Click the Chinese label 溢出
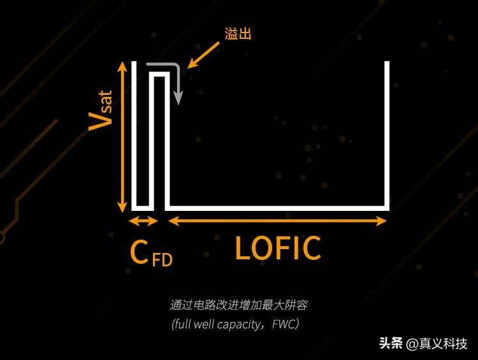pos(238,34)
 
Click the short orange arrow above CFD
pos(143,221)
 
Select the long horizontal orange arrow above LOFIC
pos(277,221)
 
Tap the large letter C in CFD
pos(139,252)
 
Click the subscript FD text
pos(162,260)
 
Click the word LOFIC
pos(278,248)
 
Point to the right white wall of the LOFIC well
pos(387,134)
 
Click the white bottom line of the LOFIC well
pos(277,208)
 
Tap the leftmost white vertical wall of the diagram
pos(134,134)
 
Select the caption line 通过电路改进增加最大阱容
pos(239,305)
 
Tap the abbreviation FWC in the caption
pos(285,324)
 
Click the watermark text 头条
pos(391,343)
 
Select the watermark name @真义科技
pos(437,343)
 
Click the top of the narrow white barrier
pos(159,75)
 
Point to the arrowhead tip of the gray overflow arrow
pos(179,103)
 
